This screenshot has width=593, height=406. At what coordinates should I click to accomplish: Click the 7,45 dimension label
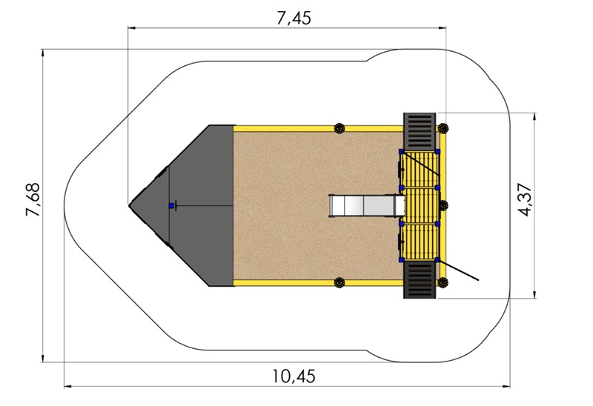(x=294, y=18)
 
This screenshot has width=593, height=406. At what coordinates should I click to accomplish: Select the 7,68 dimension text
(x=33, y=199)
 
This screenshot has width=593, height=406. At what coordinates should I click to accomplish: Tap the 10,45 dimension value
(x=294, y=376)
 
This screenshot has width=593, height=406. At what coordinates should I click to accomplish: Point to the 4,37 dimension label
(x=526, y=199)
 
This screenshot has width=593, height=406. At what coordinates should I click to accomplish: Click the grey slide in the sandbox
(x=366, y=205)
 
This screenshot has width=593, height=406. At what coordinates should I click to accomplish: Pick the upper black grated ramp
(x=420, y=132)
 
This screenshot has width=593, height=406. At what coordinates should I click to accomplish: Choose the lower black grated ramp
(x=420, y=280)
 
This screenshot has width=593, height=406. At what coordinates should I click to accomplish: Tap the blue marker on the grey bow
(x=171, y=206)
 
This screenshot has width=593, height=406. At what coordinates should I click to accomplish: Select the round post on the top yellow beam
(x=339, y=127)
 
